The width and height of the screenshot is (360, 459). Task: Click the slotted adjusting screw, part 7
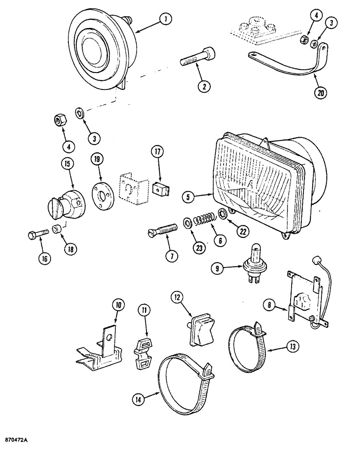[163, 228]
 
